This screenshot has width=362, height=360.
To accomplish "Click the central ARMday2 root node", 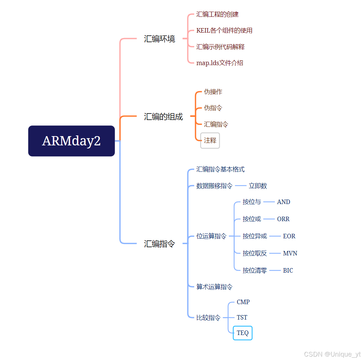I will point(71,141).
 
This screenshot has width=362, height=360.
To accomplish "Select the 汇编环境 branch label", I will point(159,39).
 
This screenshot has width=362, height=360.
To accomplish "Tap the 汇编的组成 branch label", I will point(163,117).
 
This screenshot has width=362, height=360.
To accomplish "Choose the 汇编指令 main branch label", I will point(159,244).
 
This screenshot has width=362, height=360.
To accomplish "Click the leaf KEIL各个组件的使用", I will point(224,31).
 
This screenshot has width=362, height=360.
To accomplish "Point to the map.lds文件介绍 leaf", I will point(220,63).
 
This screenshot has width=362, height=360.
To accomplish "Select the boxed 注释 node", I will point(210,141).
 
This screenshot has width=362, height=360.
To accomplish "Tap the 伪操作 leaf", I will point(213,92).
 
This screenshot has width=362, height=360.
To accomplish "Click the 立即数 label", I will point(258,186).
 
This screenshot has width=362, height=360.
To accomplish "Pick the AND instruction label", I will point(283,202).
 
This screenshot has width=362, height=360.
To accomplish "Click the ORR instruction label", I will point(283,219).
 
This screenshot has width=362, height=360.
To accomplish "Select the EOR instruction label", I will point(289,236).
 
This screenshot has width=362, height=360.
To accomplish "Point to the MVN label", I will point(290,253).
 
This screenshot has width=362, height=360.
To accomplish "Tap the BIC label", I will point(288,271).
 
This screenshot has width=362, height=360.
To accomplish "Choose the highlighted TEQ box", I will point(243,333).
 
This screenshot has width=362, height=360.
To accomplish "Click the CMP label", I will point(243,302).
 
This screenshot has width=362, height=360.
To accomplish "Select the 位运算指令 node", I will point(211,236).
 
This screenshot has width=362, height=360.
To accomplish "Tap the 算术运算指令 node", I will point(214,287).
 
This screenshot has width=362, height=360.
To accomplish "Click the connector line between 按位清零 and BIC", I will point(275,271).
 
